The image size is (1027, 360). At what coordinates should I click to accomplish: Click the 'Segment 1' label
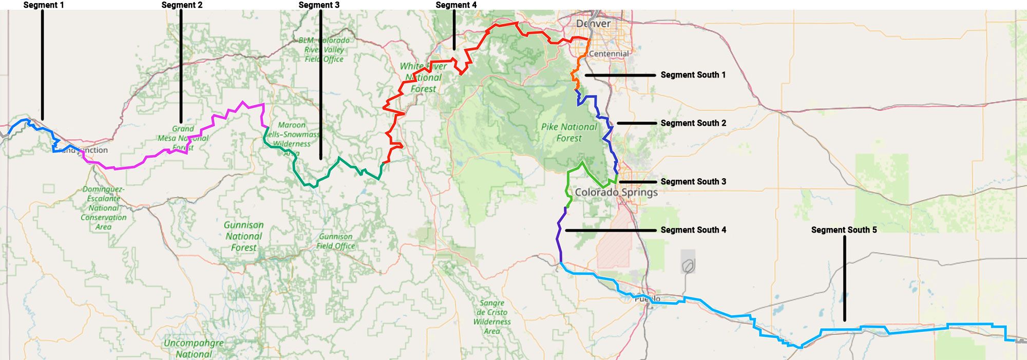point(44,5)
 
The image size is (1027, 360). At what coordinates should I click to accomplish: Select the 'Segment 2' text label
point(182,5)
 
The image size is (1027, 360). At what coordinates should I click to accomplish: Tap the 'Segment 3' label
point(319,5)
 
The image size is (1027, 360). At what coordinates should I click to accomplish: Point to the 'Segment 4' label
point(456,5)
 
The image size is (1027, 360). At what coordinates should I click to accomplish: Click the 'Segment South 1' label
point(693,75)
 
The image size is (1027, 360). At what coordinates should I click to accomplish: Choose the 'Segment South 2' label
point(693,123)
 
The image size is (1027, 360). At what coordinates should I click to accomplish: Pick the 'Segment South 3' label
point(693,182)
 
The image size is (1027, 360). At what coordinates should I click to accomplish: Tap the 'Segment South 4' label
point(693,230)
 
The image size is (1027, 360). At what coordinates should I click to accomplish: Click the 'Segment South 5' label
point(844,230)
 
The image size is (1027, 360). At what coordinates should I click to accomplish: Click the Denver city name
point(593,24)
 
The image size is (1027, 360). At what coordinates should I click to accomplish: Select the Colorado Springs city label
point(616,193)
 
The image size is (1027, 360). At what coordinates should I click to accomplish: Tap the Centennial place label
point(608,53)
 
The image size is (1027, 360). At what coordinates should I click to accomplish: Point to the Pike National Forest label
point(569,132)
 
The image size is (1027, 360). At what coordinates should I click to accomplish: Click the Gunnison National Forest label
point(243,236)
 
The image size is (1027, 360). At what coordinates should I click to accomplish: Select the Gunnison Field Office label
point(335,241)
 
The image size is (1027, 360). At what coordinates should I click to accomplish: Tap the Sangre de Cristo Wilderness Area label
point(492,317)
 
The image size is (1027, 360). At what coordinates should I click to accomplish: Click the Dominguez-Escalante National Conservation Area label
point(103,208)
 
